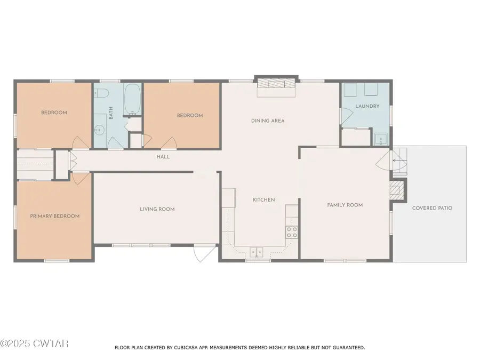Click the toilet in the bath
pyautogui.click(x=102, y=94)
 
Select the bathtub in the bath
pyautogui.click(x=132, y=99)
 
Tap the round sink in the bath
pyautogui.click(x=99, y=129)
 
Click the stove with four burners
pyautogui.click(x=292, y=232)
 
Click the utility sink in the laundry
pyautogui.click(x=380, y=139)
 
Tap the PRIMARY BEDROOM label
pyautogui.click(x=54, y=216)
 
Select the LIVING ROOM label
pyautogui.click(x=157, y=209)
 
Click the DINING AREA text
pyautogui.click(x=268, y=121)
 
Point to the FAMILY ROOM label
pyautogui.click(x=345, y=205)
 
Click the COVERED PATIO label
pyautogui.click(x=432, y=208)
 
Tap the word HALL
pyautogui.click(x=163, y=157)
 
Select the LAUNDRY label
pyautogui.click(x=367, y=106)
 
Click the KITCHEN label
pyautogui.click(x=263, y=200)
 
